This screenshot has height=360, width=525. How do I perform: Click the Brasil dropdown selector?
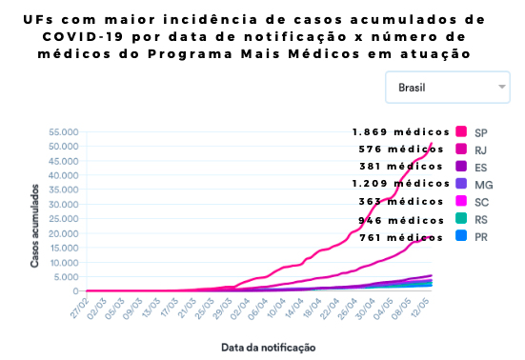tap(447, 88)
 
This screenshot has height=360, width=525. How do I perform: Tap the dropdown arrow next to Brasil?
tap(502, 87)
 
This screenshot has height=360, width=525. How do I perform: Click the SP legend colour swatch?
tap(461, 131)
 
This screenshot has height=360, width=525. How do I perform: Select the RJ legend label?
tap(481, 149)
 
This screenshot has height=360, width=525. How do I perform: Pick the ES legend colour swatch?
tap(461, 167)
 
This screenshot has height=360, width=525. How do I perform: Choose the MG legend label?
tap(482, 184)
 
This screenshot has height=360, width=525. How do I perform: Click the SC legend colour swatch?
tap(461, 202)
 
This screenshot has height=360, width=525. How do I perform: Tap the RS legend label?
tap(481, 219)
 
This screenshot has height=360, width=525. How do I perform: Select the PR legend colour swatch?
tap(461, 237)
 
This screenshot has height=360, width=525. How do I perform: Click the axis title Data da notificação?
tap(268, 347)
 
